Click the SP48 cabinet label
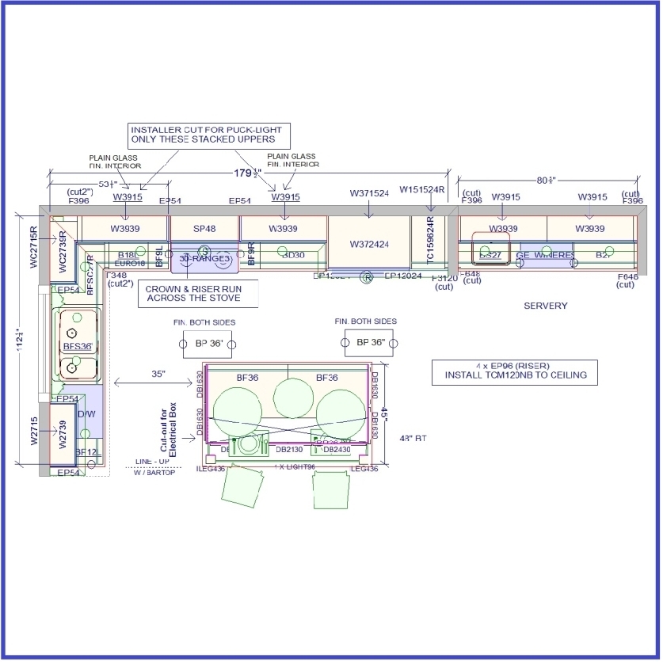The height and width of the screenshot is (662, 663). (204, 229)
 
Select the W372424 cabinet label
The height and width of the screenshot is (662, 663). (368, 244)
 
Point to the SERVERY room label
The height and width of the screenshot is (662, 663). (546, 306)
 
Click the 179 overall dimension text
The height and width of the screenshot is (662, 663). (247, 173)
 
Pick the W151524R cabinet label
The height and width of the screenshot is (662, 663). (422, 190)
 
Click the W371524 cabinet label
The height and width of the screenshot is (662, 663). (369, 193)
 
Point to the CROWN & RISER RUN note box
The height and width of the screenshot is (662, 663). (193, 294)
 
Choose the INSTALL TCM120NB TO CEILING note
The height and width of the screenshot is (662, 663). (514, 372)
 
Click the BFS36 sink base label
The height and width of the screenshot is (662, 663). (77, 346)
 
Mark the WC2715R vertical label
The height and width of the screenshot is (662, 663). (34, 247)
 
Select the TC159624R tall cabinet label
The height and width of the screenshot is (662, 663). (430, 241)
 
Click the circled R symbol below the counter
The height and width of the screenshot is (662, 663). (367, 277)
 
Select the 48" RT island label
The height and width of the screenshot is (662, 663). (413, 437)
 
